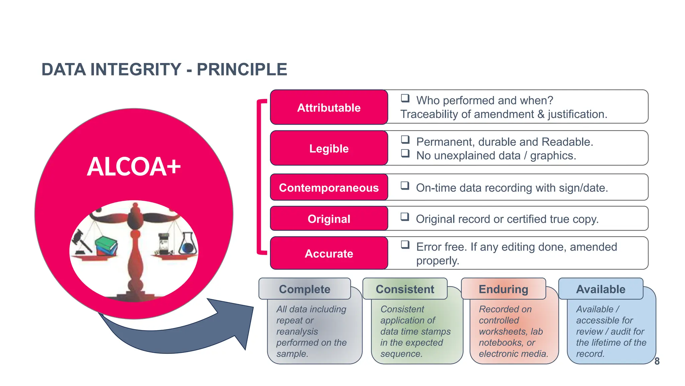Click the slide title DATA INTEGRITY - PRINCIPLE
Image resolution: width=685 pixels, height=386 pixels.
coord(164,70)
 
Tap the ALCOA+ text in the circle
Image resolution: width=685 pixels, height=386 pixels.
coord(134,167)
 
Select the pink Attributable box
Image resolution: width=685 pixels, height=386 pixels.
coord(329,108)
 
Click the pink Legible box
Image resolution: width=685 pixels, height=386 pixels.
coord(329,148)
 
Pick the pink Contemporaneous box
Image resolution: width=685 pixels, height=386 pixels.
coord(329,188)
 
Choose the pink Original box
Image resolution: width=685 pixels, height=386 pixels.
coord(329,219)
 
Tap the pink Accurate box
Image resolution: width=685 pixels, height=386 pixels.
coord(329,253)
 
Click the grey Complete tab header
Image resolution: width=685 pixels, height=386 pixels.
coord(304,289)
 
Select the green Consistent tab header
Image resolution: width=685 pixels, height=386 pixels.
coord(405,289)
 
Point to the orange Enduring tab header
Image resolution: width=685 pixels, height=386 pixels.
coord(503,289)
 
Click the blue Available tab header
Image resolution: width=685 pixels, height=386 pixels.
coord(601,289)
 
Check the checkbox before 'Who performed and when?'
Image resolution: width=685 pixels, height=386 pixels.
coord(405,98)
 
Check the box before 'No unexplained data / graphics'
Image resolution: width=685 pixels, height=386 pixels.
coord(405,153)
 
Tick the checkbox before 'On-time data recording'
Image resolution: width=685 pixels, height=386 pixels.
coord(405,186)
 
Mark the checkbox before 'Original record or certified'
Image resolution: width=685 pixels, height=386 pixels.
coord(405,217)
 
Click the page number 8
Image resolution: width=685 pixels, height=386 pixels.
coord(657,361)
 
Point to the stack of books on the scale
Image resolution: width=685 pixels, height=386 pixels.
coord(106,246)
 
